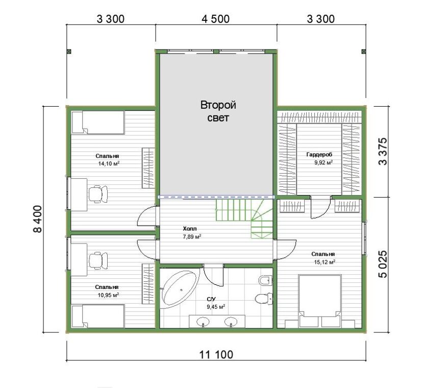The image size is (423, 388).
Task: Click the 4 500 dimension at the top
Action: (x=216, y=19)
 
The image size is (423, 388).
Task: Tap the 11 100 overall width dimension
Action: (x=216, y=354)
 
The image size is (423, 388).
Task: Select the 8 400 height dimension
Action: (x=38, y=219)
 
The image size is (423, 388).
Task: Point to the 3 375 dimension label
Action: (x=383, y=152)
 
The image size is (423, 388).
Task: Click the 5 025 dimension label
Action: (x=383, y=264)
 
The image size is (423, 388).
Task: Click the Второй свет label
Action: (x=218, y=111)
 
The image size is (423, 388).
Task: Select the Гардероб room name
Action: (x=319, y=155)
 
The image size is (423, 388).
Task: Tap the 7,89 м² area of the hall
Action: (x=192, y=237)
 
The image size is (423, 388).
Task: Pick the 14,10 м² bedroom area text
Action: (x=109, y=163)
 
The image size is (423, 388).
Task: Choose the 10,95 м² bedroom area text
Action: (x=108, y=295)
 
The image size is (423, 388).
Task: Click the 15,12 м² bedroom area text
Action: (x=325, y=262)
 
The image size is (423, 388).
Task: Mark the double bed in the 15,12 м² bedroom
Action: (x=320, y=301)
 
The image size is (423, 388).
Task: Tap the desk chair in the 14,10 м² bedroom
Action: (x=98, y=194)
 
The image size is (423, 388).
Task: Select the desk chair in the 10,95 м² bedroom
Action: (x=98, y=260)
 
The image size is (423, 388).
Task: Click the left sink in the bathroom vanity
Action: (x=203, y=322)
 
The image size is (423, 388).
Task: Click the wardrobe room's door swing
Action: (x=320, y=207)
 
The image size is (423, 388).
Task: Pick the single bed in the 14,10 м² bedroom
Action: (x=97, y=123)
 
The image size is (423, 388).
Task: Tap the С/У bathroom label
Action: (x=211, y=299)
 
